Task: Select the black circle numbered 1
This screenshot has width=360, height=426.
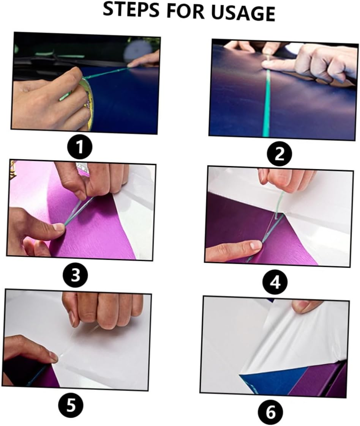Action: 79,148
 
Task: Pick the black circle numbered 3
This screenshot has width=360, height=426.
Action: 75,275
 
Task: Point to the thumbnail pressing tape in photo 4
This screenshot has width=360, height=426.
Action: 255,245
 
